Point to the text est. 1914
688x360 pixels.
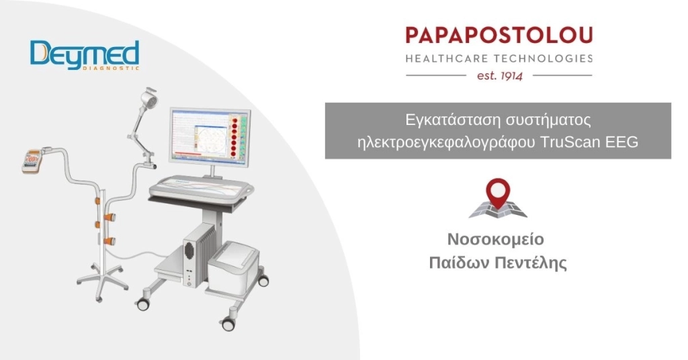pos(499,75)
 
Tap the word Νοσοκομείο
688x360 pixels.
pos(496,240)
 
